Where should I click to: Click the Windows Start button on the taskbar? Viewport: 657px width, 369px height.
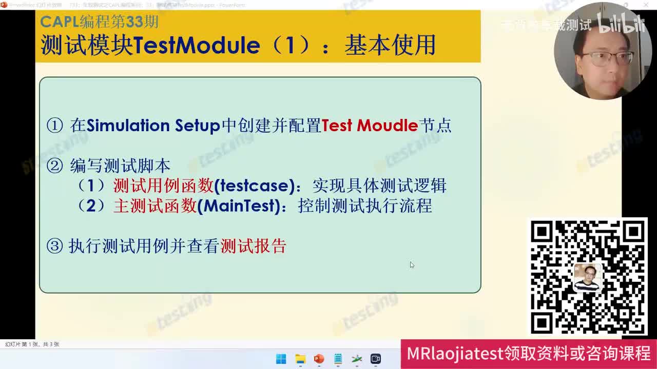pyautogui.click(x=281, y=359)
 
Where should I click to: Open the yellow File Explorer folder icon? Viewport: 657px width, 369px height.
pyautogui.click(x=300, y=359)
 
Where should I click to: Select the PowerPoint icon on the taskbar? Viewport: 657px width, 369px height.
pyautogui.click(x=319, y=359)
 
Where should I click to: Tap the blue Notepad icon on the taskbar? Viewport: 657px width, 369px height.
pyautogui.click(x=338, y=359)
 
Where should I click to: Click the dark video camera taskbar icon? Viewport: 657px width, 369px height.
pyautogui.click(x=376, y=359)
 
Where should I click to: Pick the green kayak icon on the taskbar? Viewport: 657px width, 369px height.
pyautogui.click(x=357, y=359)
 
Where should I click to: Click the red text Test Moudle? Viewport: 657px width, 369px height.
pyautogui.click(x=370, y=126)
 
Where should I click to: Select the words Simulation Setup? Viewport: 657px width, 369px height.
pyautogui.click(x=153, y=126)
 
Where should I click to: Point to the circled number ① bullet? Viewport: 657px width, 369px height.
pyautogui.click(x=54, y=126)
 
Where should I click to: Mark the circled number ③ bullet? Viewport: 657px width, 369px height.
pyautogui.click(x=54, y=247)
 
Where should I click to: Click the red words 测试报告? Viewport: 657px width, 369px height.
pyautogui.click(x=253, y=247)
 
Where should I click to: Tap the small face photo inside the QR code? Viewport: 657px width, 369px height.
pyautogui.click(x=588, y=277)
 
